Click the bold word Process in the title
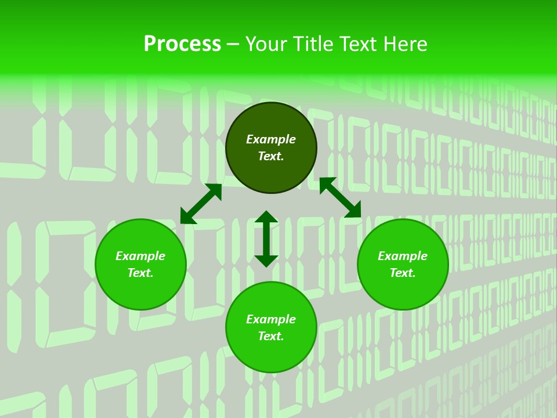pos(182,44)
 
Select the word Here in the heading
pos(404,44)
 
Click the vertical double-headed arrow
pos(266,239)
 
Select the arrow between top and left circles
pos(201,204)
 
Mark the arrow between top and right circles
pos(340,197)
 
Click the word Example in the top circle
pos(271,139)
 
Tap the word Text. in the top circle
pos(271,156)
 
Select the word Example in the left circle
pos(140,256)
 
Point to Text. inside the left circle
pos(140,273)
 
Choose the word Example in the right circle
pos(403,256)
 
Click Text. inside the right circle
pos(403,273)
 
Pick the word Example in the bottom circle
pos(271,319)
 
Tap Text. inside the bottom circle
pos(271,336)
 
